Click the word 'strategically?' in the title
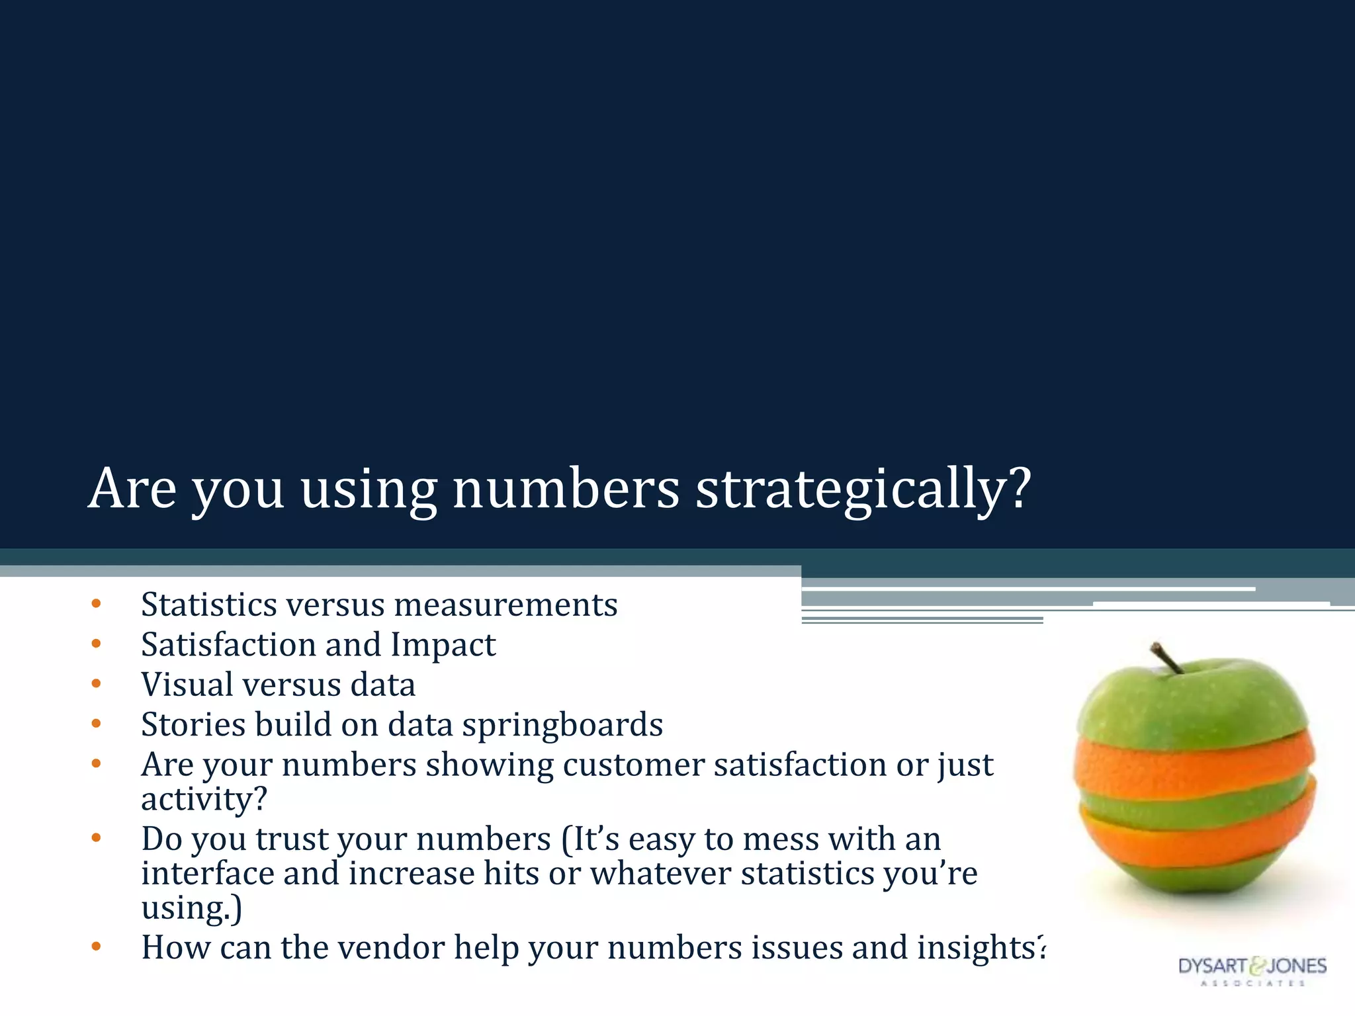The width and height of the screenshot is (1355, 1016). click(x=863, y=490)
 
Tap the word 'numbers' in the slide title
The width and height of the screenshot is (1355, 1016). click(x=566, y=489)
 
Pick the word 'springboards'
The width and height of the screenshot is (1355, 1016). click(x=562, y=725)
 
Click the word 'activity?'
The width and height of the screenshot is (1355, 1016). click(x=204, y=799)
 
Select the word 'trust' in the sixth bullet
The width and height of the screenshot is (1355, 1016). click(x=292, y=839)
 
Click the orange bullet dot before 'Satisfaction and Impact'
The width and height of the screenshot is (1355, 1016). click(x=97, y=644)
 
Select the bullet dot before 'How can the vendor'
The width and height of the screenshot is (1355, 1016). click(x=97, y=947)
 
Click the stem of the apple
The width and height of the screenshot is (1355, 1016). click(x=1167, y=658)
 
